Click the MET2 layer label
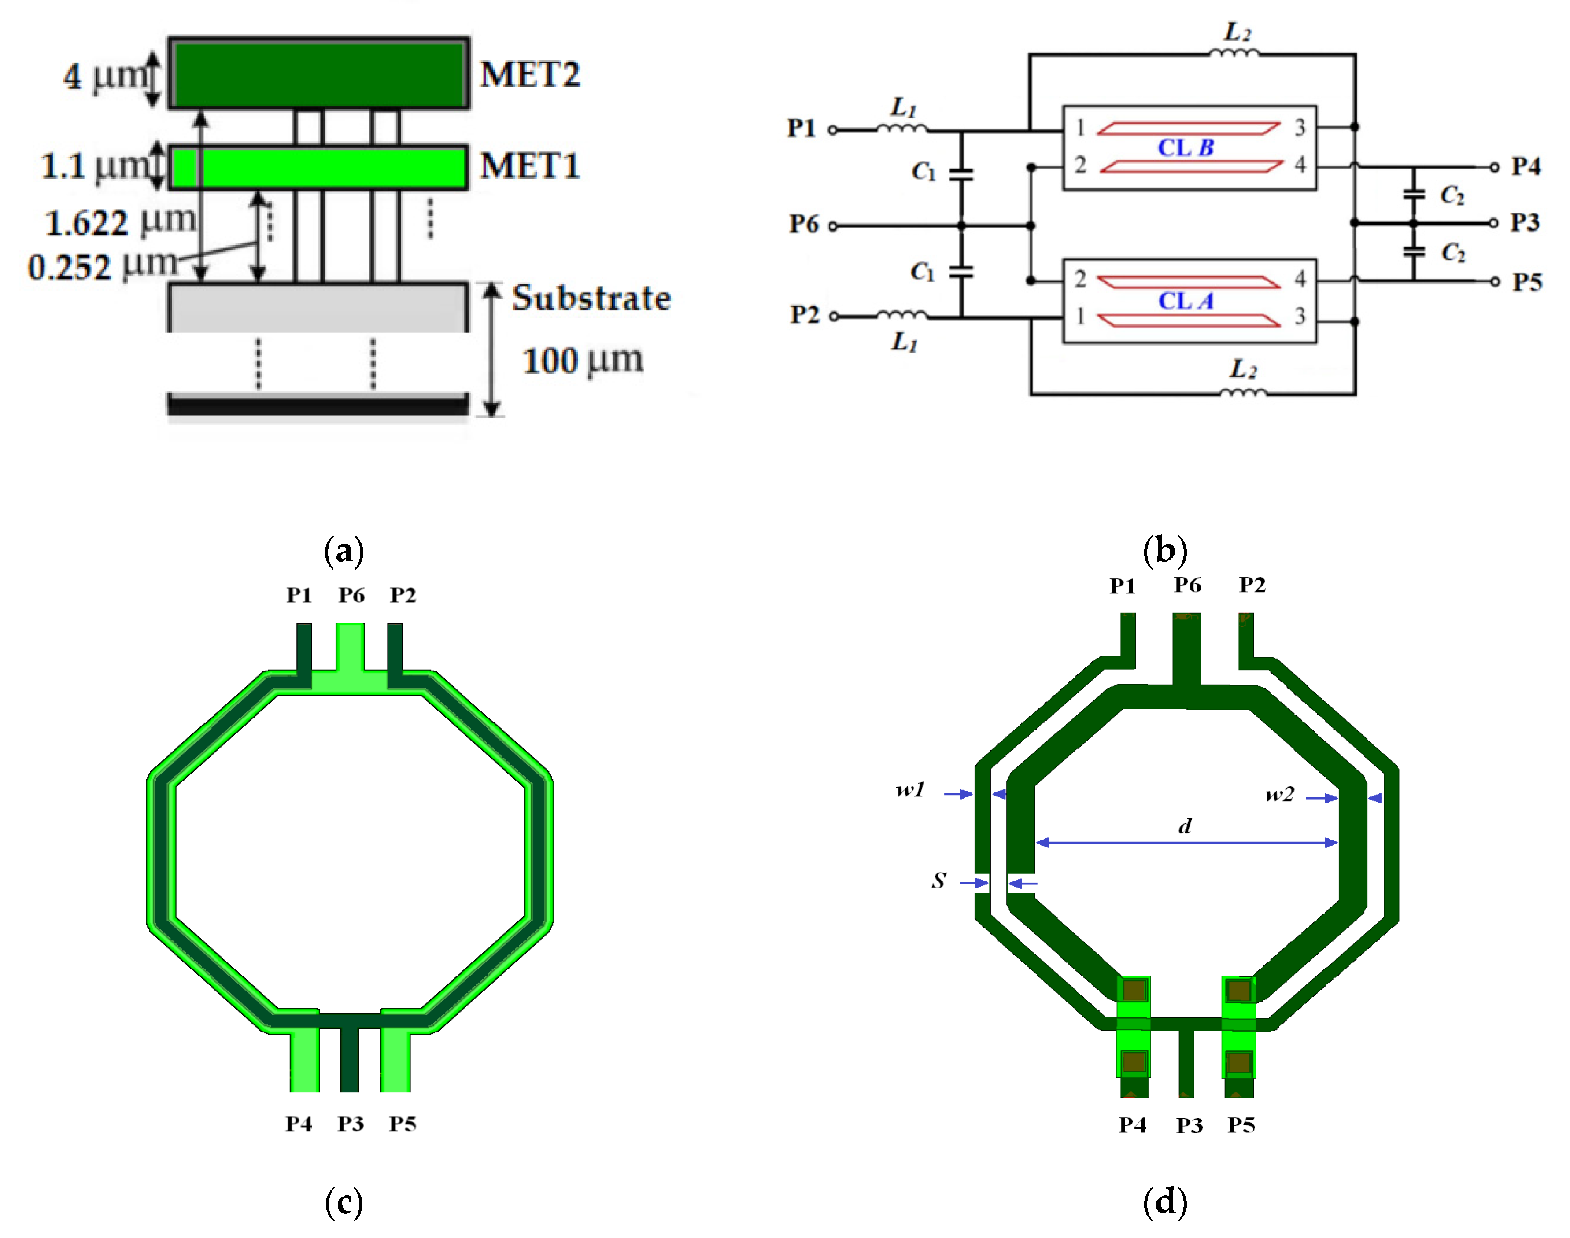(x=529, y=75)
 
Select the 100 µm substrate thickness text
(x=582, y=360)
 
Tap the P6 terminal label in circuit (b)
(x=803, y=224)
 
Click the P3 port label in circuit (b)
(x=1524, y=222)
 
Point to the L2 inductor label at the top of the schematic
(x=1238, y=32)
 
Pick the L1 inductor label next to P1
(x=903, y=108)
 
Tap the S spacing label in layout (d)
(x=938, y=881)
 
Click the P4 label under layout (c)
(x=299, y=1124)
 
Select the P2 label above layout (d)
(x=1252, y=585)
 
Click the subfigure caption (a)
(x=344, y=551)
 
